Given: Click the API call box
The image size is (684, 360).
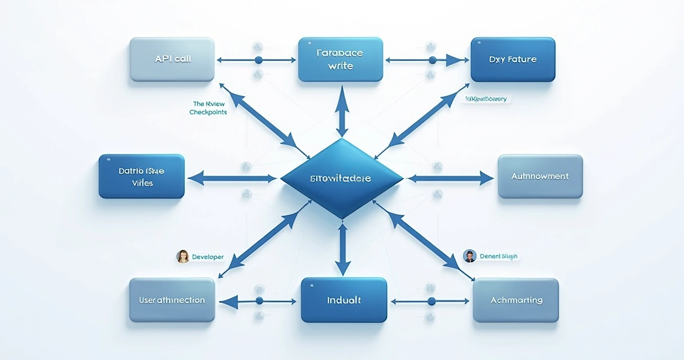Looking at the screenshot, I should [x=172, y=60].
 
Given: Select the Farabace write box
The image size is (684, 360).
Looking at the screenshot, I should [x=341, y=60].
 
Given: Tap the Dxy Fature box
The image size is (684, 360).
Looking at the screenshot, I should [x=512, y=60].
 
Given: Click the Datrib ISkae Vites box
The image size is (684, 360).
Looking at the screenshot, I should [x=142, y=177].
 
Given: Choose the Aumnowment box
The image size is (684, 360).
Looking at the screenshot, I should [x=540, y=177].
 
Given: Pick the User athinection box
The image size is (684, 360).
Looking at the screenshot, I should [x=172, y=300].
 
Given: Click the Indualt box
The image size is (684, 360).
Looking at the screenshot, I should [x=344, y=300].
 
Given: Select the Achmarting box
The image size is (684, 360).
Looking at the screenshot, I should [x=516, y=300].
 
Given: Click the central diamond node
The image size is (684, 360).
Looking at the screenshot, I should [x=341, y=178].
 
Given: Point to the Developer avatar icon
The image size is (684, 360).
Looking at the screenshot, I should [x=183, y=256].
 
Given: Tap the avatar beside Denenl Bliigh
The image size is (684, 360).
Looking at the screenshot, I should [x=470, y=256].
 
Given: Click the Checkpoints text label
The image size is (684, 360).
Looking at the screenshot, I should [x=208, y=112].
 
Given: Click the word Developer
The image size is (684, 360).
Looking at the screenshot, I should [x=208, y=257].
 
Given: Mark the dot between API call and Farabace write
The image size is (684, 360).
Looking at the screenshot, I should [x=259, y=60].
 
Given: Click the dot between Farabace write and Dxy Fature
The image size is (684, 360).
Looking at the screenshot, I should [x=432, y=60].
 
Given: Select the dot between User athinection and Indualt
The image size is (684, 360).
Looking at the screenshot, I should [x=259, y=301].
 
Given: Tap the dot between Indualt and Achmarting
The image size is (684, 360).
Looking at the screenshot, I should [x=431, y=301].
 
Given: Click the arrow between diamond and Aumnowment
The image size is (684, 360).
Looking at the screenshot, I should [x=450, y=179].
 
